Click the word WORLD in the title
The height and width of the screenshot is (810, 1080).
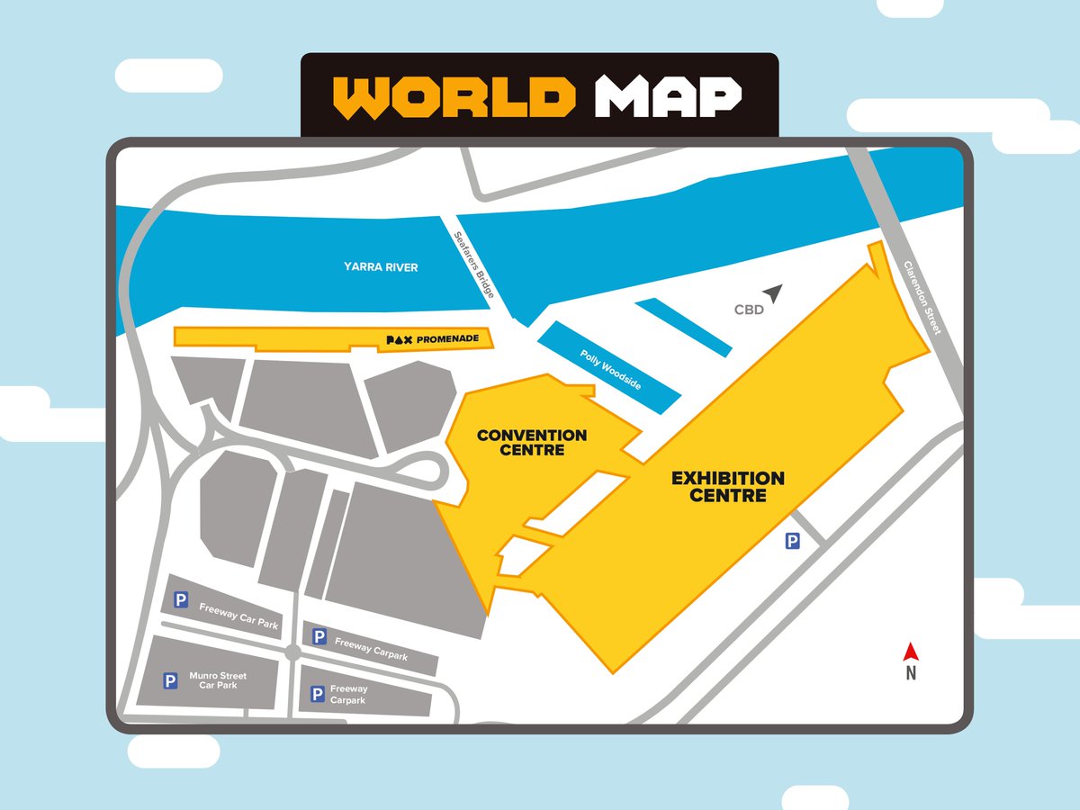coord(454,96)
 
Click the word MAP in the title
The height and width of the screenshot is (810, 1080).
coord(667,96)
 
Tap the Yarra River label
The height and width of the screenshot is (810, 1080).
coord(381,267)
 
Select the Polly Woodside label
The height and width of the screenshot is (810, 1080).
coord(610,369)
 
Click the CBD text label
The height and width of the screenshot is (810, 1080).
coord(748,310)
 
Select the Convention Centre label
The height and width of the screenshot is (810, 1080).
coord(532,442)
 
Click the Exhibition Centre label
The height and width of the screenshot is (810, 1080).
coord(728,486)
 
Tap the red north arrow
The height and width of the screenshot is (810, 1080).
coord(910,651)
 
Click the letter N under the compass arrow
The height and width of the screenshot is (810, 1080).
coord(910,672)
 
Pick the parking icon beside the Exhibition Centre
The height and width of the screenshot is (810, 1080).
coord(792,541)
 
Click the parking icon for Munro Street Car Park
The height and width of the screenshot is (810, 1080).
coord(170,681)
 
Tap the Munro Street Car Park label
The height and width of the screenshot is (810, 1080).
coord(218,680)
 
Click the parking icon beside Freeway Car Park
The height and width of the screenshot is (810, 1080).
coord(181,599)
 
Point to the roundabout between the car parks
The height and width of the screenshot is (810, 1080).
coord(292,652)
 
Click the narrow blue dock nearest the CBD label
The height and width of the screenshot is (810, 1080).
coord(683,328)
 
